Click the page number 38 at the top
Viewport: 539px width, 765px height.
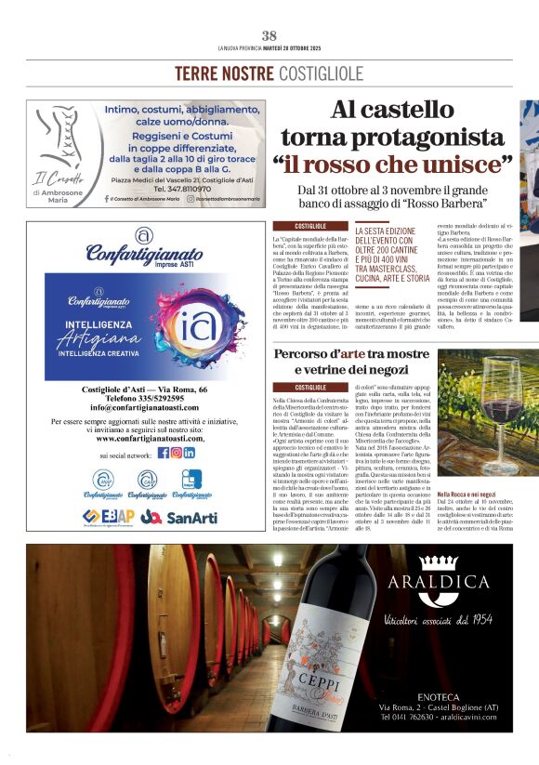click(x=269, y=35)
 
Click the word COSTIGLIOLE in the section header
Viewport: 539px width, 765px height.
click(x=319, y=73)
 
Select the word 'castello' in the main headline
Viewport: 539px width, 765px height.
click(x=445, y=111)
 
